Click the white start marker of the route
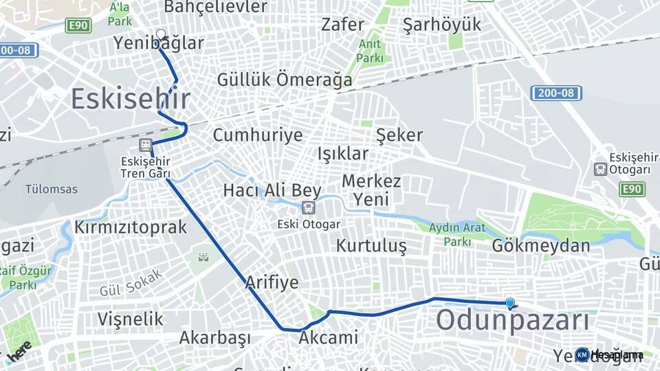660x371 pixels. (x=161, y=34)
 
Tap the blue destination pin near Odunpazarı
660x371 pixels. (x=509, y=303)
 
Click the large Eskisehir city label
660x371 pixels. (x=130, y=99)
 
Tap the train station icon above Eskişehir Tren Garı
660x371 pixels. (x=145, y=144)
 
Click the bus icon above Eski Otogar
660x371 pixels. (x=309, y=207)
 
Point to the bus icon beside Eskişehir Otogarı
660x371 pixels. (x=600, y=169)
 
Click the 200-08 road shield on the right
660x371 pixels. (x=556, y=93)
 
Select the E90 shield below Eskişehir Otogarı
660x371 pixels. (x=632, y=189)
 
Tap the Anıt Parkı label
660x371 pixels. (x=370, y=52)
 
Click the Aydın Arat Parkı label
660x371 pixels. (x=457, y=234)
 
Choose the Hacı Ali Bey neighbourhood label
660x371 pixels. (x=272, y=190)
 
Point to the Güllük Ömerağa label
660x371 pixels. (x=285, y=80)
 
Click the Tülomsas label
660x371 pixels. (x=52, y=189)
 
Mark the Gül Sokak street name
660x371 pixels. (x=131, y=282)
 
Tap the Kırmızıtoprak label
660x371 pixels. (x=131, y=227)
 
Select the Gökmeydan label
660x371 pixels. (x=542, y=245)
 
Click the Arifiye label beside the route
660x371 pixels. (x=272, y=282)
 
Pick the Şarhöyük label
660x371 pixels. (x=442, y=25)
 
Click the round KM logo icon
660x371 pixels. (x=582, y=355)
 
